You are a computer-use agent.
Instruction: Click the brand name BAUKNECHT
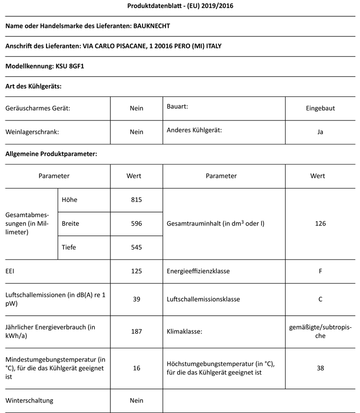[x=150, y=25]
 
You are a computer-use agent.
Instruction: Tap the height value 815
[x=136, y=200]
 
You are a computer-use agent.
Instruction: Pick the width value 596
[x=136, y=224]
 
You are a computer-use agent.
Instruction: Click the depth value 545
[x=136, y=248]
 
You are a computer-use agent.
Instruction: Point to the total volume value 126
[x=320, y=224]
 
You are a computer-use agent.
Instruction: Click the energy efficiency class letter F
[x=320, y=271]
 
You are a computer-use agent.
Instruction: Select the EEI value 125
[x=136, y=271]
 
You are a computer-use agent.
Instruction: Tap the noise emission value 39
[x=136, y=299]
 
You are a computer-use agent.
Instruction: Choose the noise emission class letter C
[x=320, y=299]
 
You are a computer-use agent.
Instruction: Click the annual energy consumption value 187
[x=136, y=331]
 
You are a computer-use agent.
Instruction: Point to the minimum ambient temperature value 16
[x=136, y=368]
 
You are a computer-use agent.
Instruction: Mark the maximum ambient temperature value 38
[x=320, y=368]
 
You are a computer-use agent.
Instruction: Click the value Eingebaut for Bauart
[x=320, y=108]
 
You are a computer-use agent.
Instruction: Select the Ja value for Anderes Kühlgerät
[x=320, y=132]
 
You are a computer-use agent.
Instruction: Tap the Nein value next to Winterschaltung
[x=136, y=401]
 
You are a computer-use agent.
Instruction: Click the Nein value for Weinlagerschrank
[x=136, y=132]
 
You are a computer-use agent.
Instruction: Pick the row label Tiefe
[x=69, y=248]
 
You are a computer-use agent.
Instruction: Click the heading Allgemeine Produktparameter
[x=51, y=154]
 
